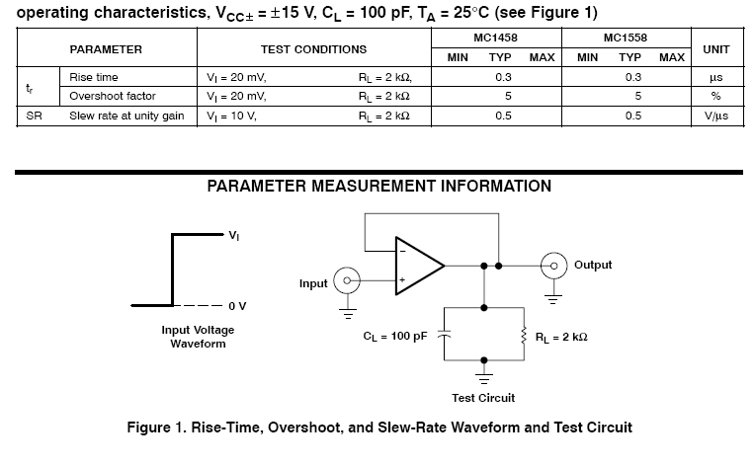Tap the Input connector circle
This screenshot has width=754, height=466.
coord(347,280)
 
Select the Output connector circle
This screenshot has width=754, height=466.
coord(553,265)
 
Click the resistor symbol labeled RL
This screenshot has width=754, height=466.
coord(523,336)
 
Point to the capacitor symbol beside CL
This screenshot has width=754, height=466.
coord(444,336)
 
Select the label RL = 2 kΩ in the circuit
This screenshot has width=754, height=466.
coord(561,337)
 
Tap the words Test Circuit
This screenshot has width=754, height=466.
coord(483,398)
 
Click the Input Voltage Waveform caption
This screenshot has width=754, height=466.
coord(198,337)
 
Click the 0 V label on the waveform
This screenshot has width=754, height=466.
coord(236,305)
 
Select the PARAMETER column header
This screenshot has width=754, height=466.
coord(106,49)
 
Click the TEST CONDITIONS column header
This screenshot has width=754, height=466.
coord(313,49)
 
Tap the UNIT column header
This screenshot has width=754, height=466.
coord(715,49)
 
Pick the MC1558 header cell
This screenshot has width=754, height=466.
coord(629,39)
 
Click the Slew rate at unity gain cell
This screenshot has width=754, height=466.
coord(126,116)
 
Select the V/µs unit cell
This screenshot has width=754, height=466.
coord(715,116)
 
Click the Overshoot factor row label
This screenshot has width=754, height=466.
coord(113,96)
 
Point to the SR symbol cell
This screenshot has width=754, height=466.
coord(34,116)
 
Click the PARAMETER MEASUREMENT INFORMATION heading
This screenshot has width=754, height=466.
coord(378,186)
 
